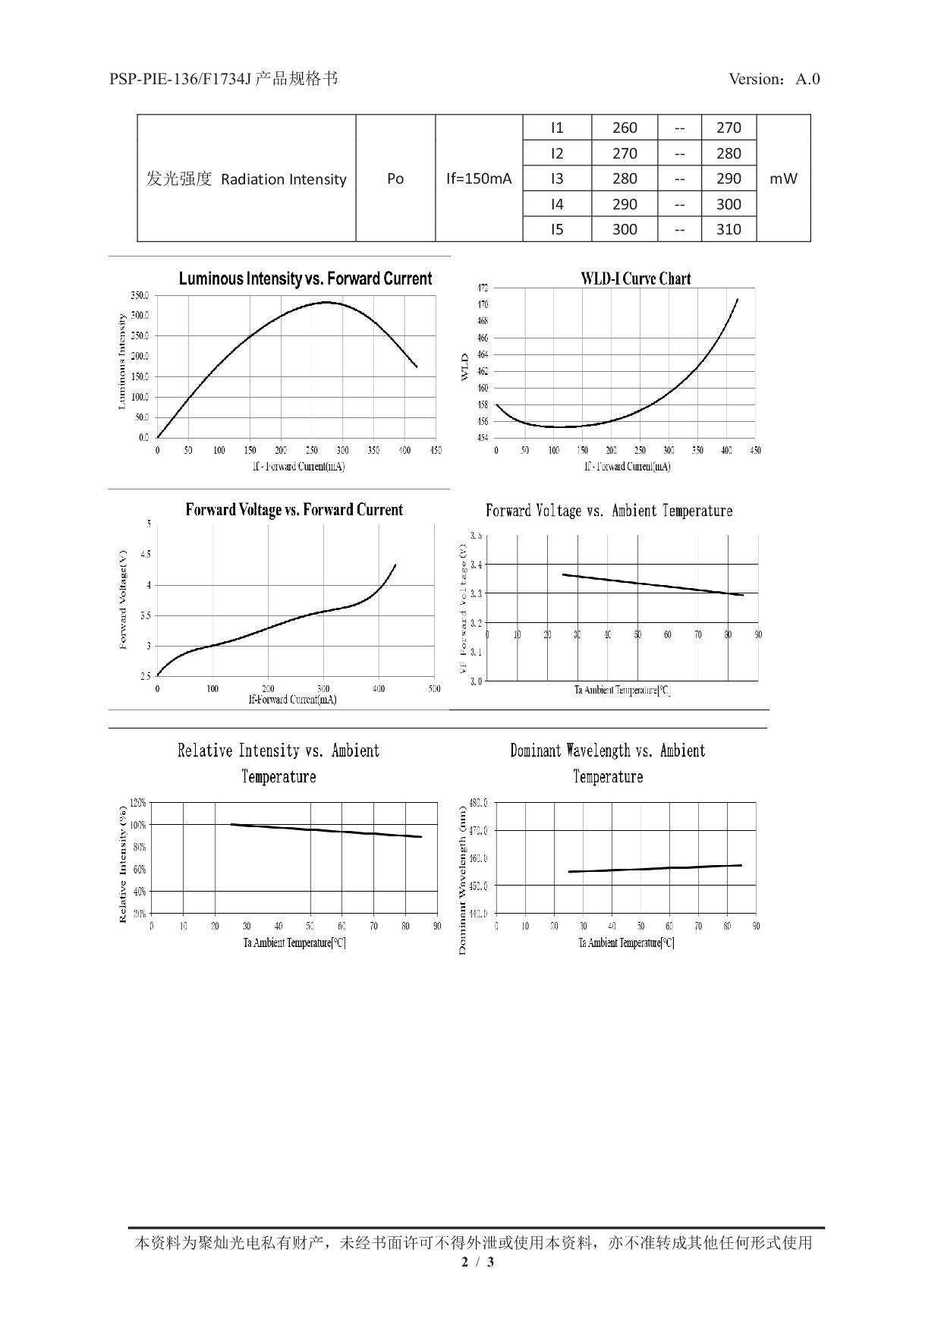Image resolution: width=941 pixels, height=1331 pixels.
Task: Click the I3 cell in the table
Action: click(x=557, y=178)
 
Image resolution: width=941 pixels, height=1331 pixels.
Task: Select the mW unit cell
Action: click(x=783, y=178)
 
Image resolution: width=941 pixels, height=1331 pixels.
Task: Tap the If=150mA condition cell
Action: click(x=479, y=178)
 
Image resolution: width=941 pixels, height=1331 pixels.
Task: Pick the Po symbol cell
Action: click(x=395, y=178)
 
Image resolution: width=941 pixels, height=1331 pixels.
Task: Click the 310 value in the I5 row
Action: click(x=729, y=229)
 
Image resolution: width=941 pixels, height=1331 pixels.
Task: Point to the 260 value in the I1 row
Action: click(x=625, y=127)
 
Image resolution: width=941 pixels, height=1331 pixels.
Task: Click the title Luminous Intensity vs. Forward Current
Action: click(x=305, y=278)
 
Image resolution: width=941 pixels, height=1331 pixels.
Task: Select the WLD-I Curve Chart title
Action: click(x=636, y=278)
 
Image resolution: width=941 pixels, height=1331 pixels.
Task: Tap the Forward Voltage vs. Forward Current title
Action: click(x=294, y=510)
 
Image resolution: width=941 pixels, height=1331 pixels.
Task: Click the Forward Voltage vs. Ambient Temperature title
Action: click(x=609, y=511)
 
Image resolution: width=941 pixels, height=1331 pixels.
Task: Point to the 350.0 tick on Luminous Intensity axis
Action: click(x=140, y=295)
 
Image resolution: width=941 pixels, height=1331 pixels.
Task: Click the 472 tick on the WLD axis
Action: click(x=483, y=288)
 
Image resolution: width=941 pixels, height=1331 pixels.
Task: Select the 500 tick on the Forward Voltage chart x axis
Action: click(x=434, y=689)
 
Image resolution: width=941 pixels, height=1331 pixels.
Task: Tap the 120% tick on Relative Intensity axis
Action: click(x=138, y=802)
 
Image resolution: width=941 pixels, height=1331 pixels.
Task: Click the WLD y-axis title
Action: click(x=465, y=366)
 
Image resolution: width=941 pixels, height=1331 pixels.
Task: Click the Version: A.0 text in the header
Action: click(x=774, y=79)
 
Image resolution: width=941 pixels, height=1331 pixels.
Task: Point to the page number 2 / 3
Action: click(x=478, y=1262)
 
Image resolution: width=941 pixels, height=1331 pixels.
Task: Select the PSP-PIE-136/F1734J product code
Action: click(x=180, y=79)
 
